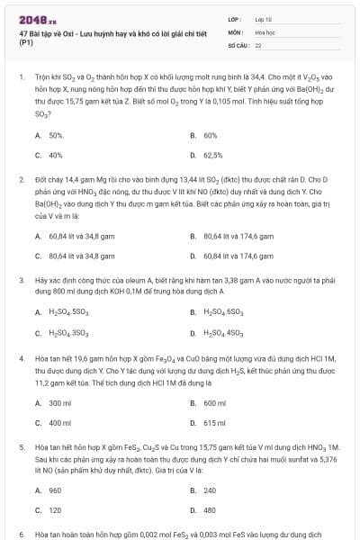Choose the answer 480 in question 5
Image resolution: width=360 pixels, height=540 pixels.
pyautogui.click(x=210, y=510)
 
